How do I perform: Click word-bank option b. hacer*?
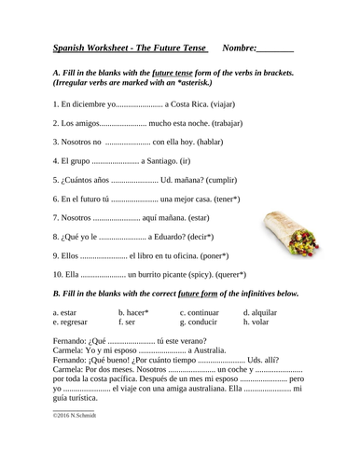(139, 313)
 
